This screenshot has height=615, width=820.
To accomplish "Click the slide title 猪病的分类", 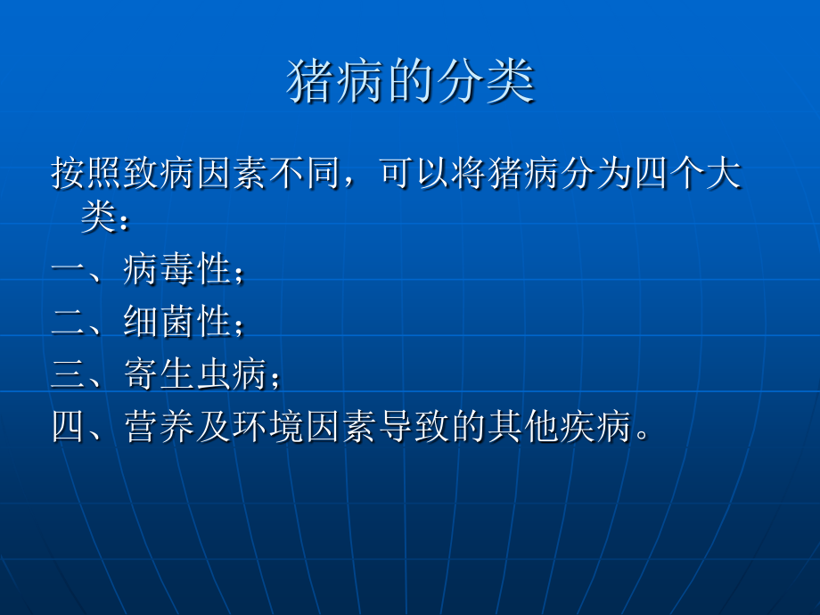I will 410,83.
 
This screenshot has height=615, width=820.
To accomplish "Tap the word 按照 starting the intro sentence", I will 86,173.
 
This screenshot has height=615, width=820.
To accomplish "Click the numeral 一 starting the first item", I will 69,269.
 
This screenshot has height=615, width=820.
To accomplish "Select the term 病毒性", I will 176,269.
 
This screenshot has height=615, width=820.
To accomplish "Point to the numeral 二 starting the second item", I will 69,323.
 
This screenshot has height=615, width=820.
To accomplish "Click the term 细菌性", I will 176,323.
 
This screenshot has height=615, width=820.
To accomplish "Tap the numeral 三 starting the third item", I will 69,375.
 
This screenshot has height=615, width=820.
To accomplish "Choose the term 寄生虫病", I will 195,375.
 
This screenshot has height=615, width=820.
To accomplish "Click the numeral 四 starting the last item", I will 69,429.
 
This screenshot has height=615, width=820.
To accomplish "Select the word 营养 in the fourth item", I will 160,429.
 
